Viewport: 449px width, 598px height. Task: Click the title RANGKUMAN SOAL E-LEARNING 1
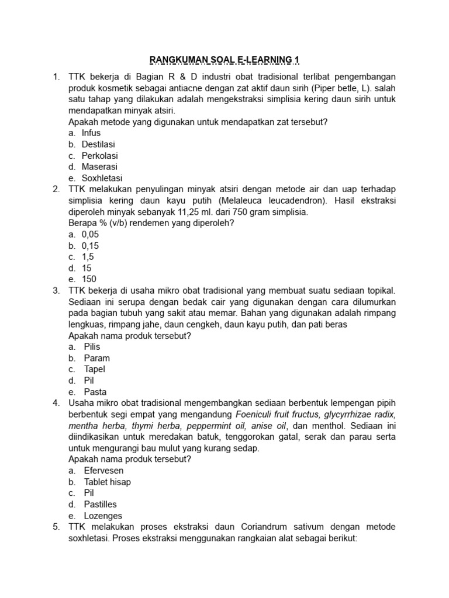click(224, 60)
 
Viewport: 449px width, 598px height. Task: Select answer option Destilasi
click(98, 144)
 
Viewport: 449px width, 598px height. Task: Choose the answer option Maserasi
click(99, 167)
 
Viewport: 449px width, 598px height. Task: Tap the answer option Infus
click(91, 133)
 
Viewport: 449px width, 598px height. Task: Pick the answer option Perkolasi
click(99, 156)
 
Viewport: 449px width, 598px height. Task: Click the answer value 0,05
click(91, 234)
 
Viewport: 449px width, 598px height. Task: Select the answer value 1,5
click(88, 257)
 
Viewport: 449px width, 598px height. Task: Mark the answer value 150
click(89, 279)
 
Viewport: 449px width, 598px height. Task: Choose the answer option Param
click(96, 358)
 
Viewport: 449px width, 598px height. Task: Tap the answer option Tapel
click(95, 369)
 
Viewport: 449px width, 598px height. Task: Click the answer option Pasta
click(95, 392)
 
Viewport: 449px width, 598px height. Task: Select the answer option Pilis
click(92, 347)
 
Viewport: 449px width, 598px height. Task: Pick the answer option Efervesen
click(103, 470)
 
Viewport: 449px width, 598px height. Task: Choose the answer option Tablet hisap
click(107, 482)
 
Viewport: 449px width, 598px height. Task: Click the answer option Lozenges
click(103, 516)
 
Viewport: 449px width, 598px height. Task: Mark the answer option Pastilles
click(100, 504)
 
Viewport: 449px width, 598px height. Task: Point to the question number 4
click(56, 403)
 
